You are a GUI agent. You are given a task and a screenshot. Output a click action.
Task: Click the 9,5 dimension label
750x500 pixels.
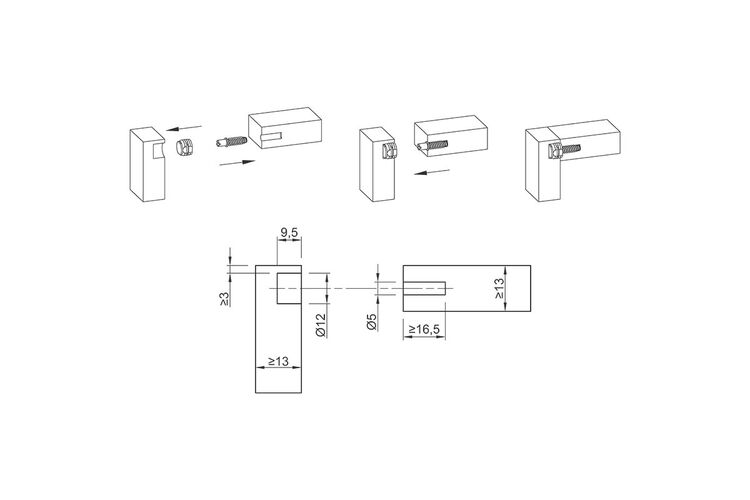pyautogui.click(x=289, y=233)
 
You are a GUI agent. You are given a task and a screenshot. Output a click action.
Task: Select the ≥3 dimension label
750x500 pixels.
pyautogui.click(x=224, y=299)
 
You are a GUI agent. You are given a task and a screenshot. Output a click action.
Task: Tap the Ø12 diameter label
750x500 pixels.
pyautogui.click(x=320, y=325)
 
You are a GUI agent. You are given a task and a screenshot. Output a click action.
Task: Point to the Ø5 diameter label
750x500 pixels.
pyautogui.click(x=372, y=322)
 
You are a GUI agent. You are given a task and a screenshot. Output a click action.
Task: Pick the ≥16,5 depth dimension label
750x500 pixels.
pyautogui.click(x=424, y=330)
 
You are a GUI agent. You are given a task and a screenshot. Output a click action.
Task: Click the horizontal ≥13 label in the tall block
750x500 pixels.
pyautogui.click(x=278, y=361)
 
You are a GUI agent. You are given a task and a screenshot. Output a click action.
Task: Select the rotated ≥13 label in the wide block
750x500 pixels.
pyautogui.click(x=499, y=289)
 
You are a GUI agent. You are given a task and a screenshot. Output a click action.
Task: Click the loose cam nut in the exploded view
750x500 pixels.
pyautogui.click(x=184, y=146)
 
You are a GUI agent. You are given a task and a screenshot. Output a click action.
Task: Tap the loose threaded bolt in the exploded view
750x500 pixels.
pyautogui.click(x=231, y=142)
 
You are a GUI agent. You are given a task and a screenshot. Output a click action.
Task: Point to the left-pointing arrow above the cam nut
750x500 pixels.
pyautogui.click(x=184, y=128)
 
